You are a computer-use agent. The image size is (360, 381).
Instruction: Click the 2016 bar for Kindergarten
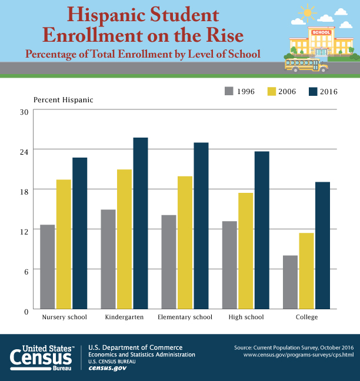tap(140, 223)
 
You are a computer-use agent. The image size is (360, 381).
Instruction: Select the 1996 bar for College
tap(290, 282)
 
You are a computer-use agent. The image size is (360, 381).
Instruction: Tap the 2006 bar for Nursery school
tap(64, 244)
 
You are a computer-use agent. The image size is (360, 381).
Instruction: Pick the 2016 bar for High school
tap(262, 230)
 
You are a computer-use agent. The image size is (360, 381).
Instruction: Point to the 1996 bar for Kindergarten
tap(108, 259)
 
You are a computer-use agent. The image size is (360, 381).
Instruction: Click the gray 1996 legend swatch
tap(229, 92)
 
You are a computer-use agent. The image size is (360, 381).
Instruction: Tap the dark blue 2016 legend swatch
tap(313, 92)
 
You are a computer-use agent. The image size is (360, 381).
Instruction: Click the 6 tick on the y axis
tap(26, 270)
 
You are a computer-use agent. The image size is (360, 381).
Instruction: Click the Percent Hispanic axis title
tap(64, 99)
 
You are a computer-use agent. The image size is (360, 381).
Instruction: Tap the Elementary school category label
tap(185, 317)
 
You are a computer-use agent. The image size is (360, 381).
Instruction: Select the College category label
tap(306, 317)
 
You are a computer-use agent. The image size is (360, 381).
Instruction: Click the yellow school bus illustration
tap(306, 63)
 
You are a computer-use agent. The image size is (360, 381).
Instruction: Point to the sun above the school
tap(306, 12)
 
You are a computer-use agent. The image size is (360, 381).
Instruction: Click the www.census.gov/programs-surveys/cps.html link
tap(298, 355)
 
